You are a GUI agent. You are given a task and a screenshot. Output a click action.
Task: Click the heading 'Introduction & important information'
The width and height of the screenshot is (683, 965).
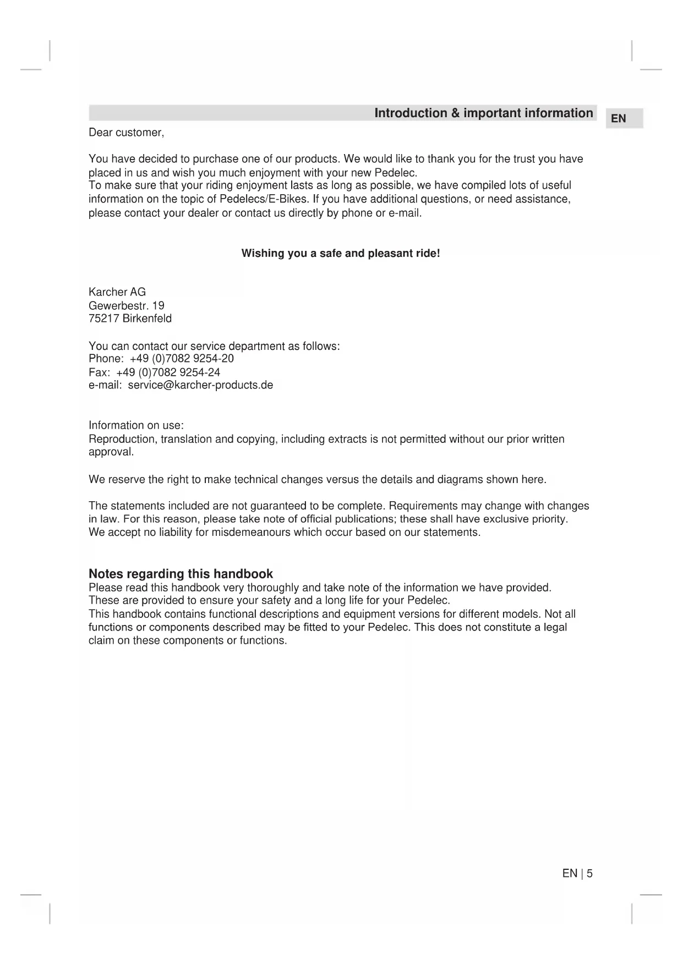483,113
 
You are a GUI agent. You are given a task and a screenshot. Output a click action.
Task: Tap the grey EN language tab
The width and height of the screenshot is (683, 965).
619,118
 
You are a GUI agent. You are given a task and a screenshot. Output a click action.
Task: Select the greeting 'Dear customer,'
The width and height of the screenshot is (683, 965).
126,133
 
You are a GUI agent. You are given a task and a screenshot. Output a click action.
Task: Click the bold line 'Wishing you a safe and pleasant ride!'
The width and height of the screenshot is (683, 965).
341,254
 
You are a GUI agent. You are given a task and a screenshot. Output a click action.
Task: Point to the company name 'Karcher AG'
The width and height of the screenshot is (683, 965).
117,292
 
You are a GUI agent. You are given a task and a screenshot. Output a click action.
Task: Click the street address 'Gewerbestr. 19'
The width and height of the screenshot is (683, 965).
127,305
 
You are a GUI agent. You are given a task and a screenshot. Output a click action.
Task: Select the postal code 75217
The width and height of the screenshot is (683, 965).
104,319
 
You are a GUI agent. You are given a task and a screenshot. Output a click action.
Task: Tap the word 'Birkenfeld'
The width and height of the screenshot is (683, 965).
147,319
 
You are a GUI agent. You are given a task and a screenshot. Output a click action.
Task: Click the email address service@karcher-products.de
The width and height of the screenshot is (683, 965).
200,385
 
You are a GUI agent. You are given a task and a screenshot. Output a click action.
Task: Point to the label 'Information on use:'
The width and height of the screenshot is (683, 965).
136,425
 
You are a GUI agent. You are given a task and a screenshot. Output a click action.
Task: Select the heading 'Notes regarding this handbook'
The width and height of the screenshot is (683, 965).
181,574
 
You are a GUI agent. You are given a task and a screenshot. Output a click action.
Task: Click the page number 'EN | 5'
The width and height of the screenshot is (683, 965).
577,873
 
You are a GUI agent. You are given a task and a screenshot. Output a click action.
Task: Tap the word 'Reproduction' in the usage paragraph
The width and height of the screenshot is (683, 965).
122,439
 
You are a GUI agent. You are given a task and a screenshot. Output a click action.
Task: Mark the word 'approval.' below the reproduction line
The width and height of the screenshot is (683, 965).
111,452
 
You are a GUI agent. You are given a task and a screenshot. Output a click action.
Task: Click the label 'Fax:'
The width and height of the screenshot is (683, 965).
100,372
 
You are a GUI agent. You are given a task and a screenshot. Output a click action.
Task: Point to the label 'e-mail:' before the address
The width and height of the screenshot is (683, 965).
105,385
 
